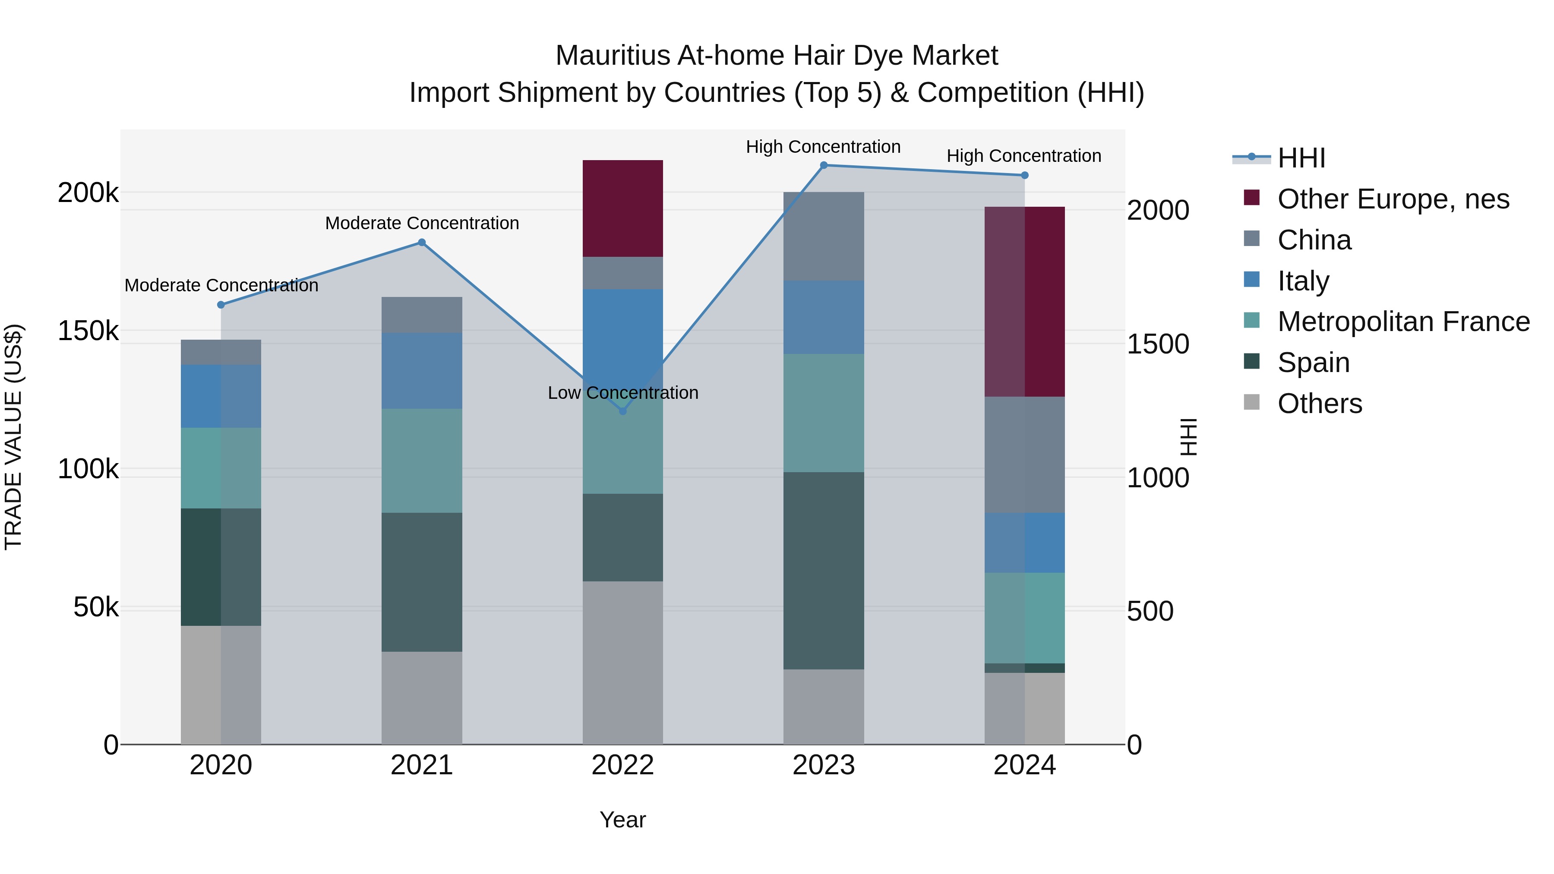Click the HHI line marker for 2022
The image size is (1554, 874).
tap(622, 411)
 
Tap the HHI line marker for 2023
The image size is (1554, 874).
tap(824, 165)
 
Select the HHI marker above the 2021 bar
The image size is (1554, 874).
tap(422, 243)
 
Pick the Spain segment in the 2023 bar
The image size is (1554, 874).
tap(824, 570)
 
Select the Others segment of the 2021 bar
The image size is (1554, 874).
tap(422, 697)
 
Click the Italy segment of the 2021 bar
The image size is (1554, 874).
tap(422, 370)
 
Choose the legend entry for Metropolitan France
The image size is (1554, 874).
tap(1403, 322)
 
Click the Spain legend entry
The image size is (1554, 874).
tap(1313, 363)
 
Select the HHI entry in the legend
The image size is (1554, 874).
tap(1301, 158)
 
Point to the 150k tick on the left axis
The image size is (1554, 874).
tap(88, 331)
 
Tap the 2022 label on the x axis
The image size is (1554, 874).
tap(622, 765)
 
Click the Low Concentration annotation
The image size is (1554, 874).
tap(622, 393)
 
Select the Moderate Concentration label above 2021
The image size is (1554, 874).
tap(422, 223)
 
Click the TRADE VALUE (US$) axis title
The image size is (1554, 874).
tap(14, 437)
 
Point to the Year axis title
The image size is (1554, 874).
tap(622, 820)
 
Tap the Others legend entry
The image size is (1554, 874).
tap(1319, 404)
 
